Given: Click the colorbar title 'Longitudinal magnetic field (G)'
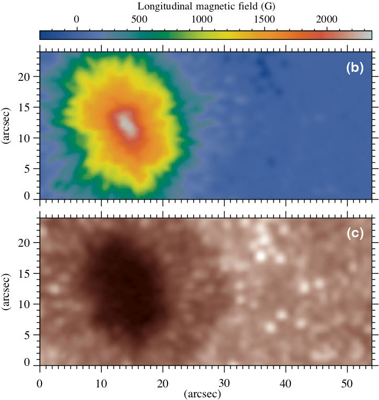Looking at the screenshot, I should coord(207,7).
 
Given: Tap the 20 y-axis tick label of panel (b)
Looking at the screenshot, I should coord(29,77).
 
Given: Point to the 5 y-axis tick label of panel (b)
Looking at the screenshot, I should coord(32,169).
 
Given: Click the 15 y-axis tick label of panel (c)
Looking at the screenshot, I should coord(29,273).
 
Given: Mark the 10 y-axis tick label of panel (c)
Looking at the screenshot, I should coord(29,304).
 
